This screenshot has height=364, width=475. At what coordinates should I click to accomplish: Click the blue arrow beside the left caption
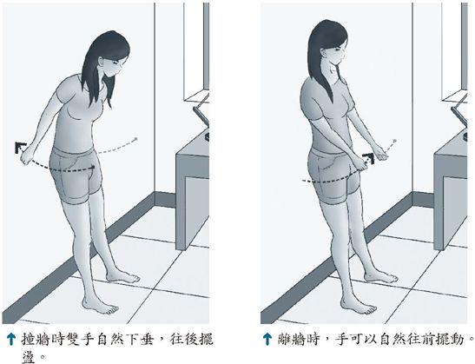[x=11, y=339]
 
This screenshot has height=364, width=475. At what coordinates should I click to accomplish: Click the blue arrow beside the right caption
[x=267, y=339]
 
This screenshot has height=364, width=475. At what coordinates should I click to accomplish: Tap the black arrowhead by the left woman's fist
[x=20, y=147]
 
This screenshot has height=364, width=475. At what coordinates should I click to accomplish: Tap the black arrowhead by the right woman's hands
[x=369, y=158]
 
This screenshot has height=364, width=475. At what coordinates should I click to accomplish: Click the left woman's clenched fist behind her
[x=26, y=156]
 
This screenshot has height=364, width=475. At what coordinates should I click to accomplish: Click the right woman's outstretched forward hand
[x=381, y=153]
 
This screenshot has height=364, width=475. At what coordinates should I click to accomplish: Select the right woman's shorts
[x=334, y=175]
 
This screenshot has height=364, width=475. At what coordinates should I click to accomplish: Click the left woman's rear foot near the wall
[x=123, y=276]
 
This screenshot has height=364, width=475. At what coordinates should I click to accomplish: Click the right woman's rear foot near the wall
[x=381, y=276]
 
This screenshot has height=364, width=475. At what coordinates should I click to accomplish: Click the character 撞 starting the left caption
[x=29, y=340]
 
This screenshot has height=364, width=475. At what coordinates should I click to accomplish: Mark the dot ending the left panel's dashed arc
[x=136, y=139]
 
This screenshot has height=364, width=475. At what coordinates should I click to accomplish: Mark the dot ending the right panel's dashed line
[x=395, y=141]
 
